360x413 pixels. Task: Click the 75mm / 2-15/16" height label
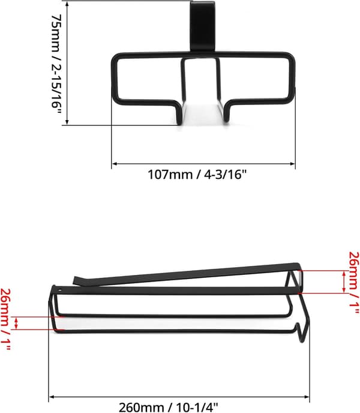[x=56, y=65]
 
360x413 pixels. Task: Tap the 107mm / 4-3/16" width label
[x=197, y=175]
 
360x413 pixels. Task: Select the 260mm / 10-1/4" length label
[x=169, y=407]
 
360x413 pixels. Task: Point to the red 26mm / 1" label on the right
[x=354, y=283]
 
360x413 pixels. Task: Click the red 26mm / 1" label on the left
[x=5, y=319]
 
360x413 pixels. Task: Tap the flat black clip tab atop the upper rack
[x=203, y=26]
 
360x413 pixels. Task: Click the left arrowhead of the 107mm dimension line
[x=114, y=164]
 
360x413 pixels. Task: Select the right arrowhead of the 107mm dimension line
[x=292, y=164]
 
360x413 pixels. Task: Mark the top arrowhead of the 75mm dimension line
[x=67, y=4]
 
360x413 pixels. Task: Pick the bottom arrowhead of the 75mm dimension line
[x=67, y=122]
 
